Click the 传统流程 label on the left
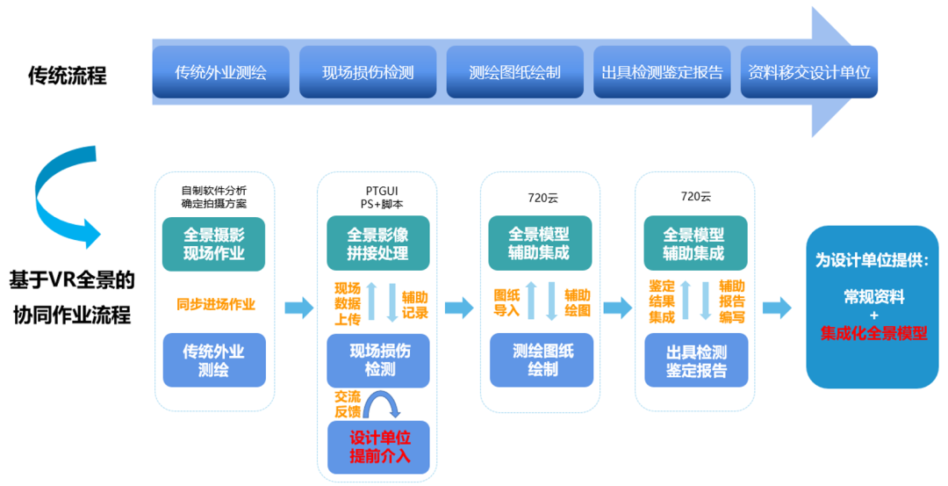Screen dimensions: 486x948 [x=68, y=76]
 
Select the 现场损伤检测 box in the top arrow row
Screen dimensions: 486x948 [x=368, y=72]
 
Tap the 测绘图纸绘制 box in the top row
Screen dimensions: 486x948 [x=514, y=72]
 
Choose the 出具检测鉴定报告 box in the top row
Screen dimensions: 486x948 [x=663, y=72]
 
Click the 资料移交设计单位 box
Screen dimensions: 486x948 [x=808, y=72]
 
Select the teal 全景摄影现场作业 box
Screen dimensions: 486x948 [x=213, y=244]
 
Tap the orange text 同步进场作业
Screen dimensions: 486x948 [x=216, y=304]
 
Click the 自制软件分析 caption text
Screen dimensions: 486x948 [x=214, y=190]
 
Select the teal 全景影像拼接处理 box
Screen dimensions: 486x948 [x=377, y=244]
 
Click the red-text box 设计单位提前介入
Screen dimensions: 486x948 [x=379, y=446]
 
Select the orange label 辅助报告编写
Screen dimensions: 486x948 [x=732, y=301]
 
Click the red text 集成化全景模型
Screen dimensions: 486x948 [x=873, y=334]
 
